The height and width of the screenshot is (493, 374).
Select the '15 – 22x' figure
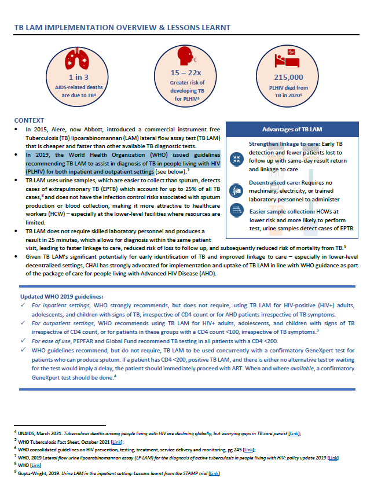click(186, 72)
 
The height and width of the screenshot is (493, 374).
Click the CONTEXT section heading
click(29, 119)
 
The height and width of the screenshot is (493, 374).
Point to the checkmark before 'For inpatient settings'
click(24, 305)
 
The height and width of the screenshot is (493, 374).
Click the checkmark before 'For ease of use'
click(24, 341)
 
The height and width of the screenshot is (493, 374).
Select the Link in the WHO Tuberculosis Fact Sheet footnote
click(116, 441)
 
